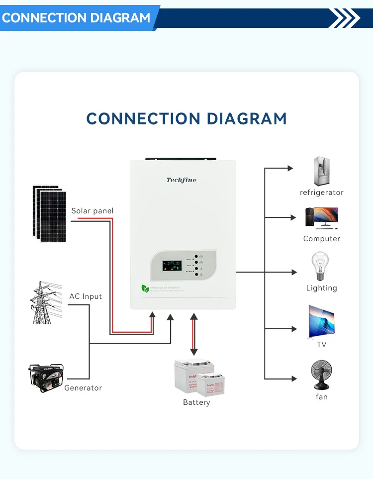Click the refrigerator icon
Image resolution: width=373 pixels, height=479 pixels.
pyautogui.click(x=322, y=172)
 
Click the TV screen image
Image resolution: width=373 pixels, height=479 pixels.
pyautogui.click(x=321, y=320)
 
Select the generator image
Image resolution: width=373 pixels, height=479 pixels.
pyautogui.click(x=46, y=378)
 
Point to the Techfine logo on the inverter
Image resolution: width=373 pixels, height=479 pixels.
pyautogui.click(x=182, y=180)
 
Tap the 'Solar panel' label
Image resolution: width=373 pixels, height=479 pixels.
pyautogui.click(x=93, y=211)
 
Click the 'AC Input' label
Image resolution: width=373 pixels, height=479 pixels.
pyautogui.click(x=86, y=296)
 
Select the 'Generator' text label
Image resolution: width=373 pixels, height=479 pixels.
pyautogui.click(x=83, y=388)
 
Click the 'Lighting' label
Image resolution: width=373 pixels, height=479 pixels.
pyautogui.click(x=322, y=288)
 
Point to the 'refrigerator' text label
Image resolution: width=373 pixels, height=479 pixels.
pyautogui.click(x=322, y=192)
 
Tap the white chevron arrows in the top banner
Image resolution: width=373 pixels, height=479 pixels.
pyautogui.click(x=345, y=18)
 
